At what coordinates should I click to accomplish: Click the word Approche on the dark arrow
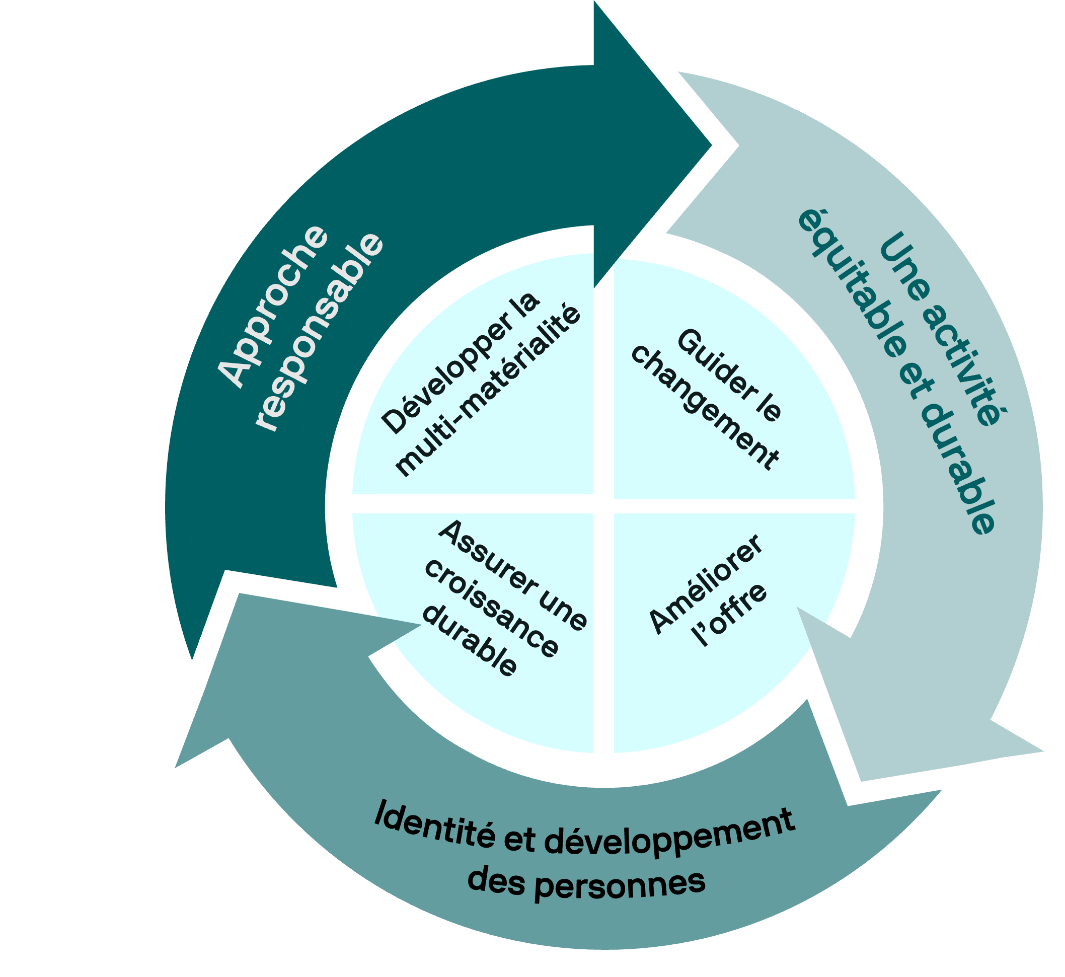pyautogui.click(x=273, y=306)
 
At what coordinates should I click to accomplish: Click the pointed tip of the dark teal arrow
pyautogui.click(x=711, y=145)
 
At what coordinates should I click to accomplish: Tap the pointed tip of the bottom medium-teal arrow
pyautogui.click(x=175, y=768)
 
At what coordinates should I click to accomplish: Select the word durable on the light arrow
pyautogui.click(x=957, y=469)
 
